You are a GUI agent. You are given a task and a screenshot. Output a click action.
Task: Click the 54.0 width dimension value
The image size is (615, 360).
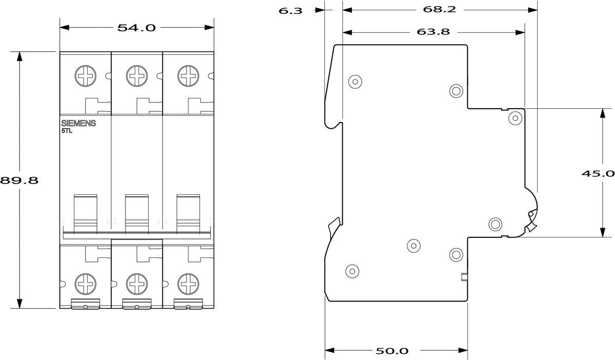coord(136,28)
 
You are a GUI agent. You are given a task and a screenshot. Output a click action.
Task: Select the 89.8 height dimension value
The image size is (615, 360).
coord(19,181)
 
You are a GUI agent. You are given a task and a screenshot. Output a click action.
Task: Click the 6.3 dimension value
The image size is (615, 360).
coord(291,10)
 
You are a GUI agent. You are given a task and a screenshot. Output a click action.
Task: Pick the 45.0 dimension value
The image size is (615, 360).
coord(598,173)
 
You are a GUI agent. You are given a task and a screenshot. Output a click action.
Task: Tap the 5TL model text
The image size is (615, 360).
coord(67,131)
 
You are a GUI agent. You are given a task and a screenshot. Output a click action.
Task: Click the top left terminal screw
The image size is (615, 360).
coord(85,76)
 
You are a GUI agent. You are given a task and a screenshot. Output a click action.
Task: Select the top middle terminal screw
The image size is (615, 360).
coord(137,76)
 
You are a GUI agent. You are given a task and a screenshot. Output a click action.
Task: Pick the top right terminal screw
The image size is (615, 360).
coord(188,76)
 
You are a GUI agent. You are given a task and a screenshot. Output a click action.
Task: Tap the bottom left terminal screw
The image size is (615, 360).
coord(85,283)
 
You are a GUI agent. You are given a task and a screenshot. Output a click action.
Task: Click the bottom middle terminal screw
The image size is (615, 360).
coord(137,283)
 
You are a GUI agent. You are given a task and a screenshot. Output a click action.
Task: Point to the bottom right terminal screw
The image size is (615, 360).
coord(188,283)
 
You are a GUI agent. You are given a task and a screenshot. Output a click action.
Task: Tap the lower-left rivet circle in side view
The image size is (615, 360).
coord(352,270)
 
